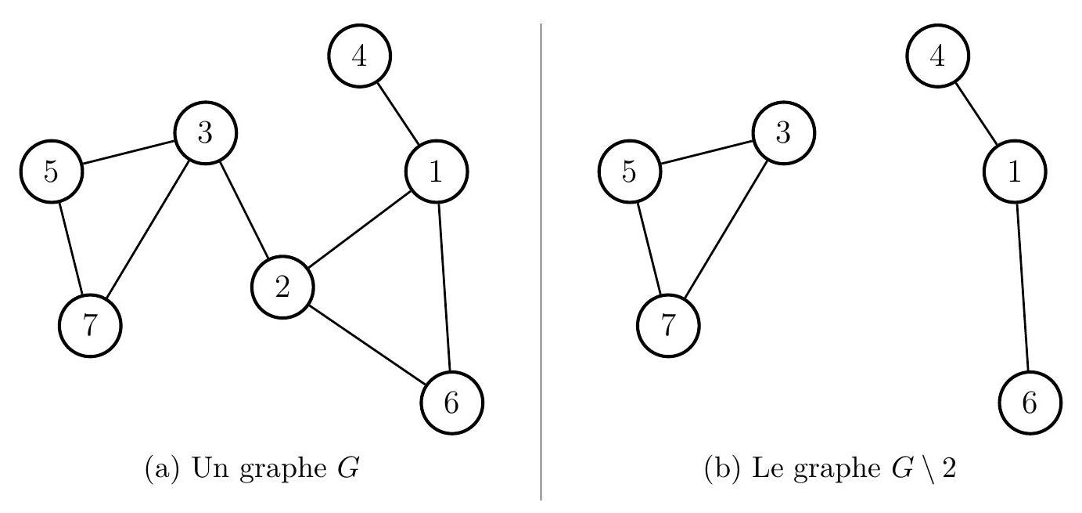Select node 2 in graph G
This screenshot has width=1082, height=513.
(x=282, y=287)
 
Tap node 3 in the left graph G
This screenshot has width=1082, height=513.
(x=205, y=134)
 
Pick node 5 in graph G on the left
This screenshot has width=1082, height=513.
(x=51, y=172)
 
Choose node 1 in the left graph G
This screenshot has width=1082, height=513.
(x=437, y=172)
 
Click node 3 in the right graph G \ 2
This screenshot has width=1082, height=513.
(x=784, y=134)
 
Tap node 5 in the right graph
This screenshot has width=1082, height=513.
(x=630, y=172)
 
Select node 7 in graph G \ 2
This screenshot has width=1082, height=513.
(x=669, y=325)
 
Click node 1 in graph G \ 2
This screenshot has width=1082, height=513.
(x=1015, y=172)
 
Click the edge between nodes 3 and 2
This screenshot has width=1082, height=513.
(x=243, y=211)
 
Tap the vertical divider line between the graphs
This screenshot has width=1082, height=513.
(x=541, y=258)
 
